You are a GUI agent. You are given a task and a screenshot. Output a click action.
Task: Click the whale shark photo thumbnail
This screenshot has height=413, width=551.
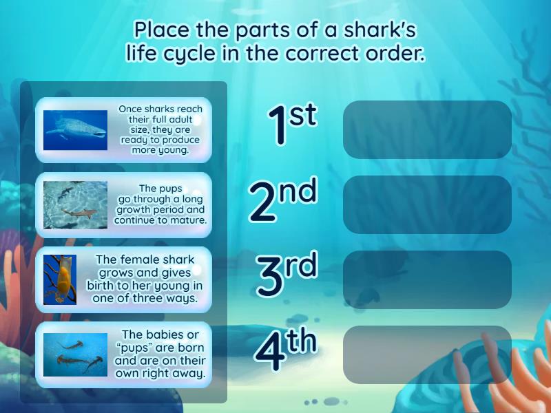[x=75, y=130]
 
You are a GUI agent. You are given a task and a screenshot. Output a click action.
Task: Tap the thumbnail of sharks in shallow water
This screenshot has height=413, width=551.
[x=75, y=204]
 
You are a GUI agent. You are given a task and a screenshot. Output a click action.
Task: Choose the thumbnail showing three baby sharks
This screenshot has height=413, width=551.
[x=75, y=354]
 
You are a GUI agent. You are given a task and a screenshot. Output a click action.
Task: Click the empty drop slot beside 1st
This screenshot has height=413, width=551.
[x=427, y=129]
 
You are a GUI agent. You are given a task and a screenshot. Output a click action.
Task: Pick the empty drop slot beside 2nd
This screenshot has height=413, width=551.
[x=427, y=204]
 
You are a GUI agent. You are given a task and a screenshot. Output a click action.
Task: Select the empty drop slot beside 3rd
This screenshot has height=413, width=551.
[x=427, y=279]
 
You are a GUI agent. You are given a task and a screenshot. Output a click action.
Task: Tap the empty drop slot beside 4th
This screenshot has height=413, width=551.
[x=427, y=354]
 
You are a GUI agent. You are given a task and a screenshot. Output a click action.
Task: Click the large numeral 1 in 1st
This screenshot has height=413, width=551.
[x=278, y=127]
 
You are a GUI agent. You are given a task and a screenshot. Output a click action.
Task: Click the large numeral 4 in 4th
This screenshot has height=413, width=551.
[x=270, y=351]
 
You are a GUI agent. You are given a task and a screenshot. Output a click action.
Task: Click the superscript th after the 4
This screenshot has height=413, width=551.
[x=302, y=341]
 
